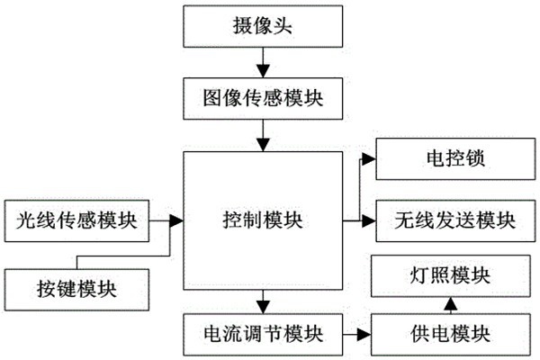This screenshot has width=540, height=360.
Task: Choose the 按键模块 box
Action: point(77,288)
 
